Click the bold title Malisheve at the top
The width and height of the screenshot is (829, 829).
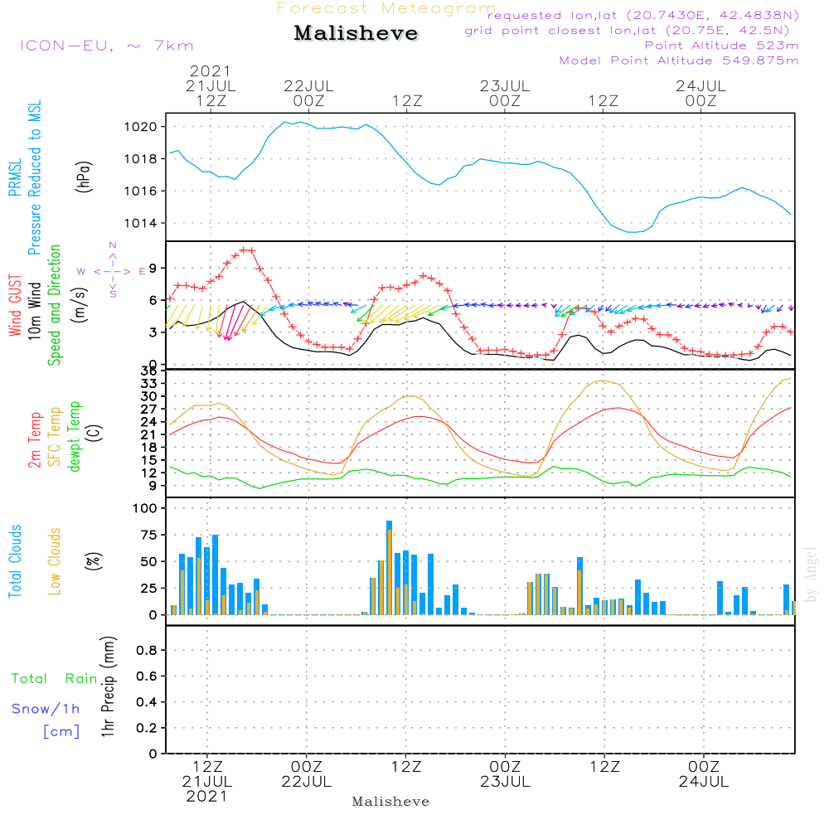356,34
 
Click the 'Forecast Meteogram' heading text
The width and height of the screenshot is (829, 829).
386,8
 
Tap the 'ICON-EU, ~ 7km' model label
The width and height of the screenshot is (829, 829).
105,45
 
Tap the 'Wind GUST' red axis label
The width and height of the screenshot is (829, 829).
16,308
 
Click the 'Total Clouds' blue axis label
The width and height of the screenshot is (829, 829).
15,561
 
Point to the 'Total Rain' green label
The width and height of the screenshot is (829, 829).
54,679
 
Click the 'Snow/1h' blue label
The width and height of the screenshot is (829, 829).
46,709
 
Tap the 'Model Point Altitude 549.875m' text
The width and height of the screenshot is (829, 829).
679,61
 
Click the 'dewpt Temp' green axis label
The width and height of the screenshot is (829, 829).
75,436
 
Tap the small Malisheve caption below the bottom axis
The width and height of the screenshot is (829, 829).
391,802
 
